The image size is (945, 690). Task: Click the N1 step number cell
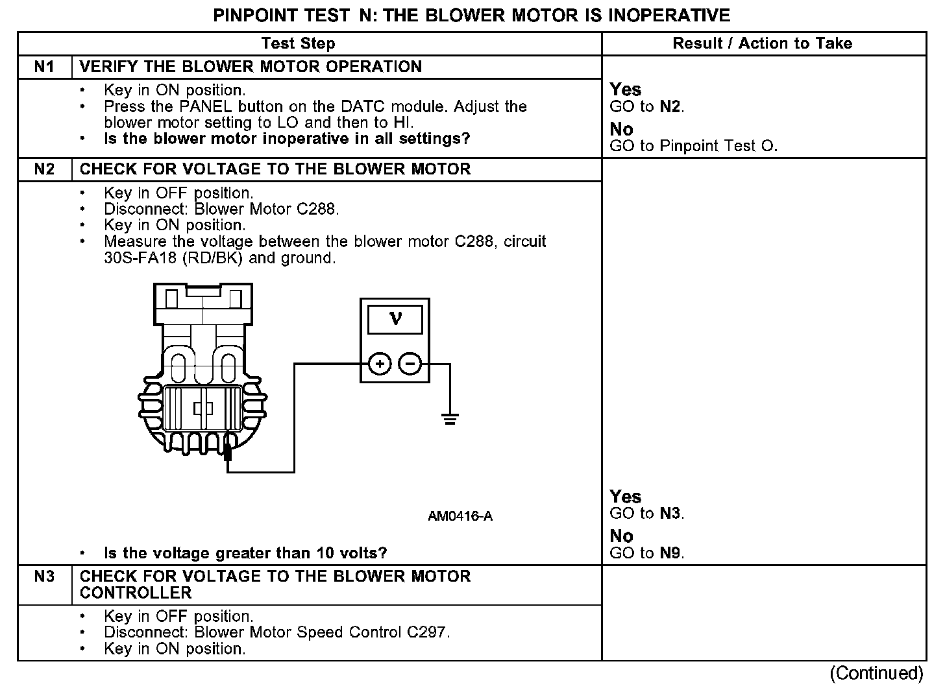[44, 67]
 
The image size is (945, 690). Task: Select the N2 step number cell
[44, 169]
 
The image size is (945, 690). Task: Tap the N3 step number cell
[44, 577]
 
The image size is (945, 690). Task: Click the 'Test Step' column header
[298, 43]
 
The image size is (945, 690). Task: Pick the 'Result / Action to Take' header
[763, 43]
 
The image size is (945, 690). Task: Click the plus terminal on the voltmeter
[380, 364]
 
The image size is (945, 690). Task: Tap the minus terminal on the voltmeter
[410, 364]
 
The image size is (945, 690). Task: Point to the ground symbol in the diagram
[450, 418]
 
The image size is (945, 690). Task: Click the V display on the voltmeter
[395, 319]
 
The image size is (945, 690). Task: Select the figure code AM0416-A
[460, 516]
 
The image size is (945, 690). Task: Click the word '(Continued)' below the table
[876, 673]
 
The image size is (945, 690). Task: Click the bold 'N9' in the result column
[671, 553]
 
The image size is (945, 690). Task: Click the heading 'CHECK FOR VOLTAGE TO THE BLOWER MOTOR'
[275, 169]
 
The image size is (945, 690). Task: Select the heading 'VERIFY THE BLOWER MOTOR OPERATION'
[251, 67]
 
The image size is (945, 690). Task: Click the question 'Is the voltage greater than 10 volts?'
[245, 553]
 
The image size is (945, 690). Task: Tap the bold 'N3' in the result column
[671, 514]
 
